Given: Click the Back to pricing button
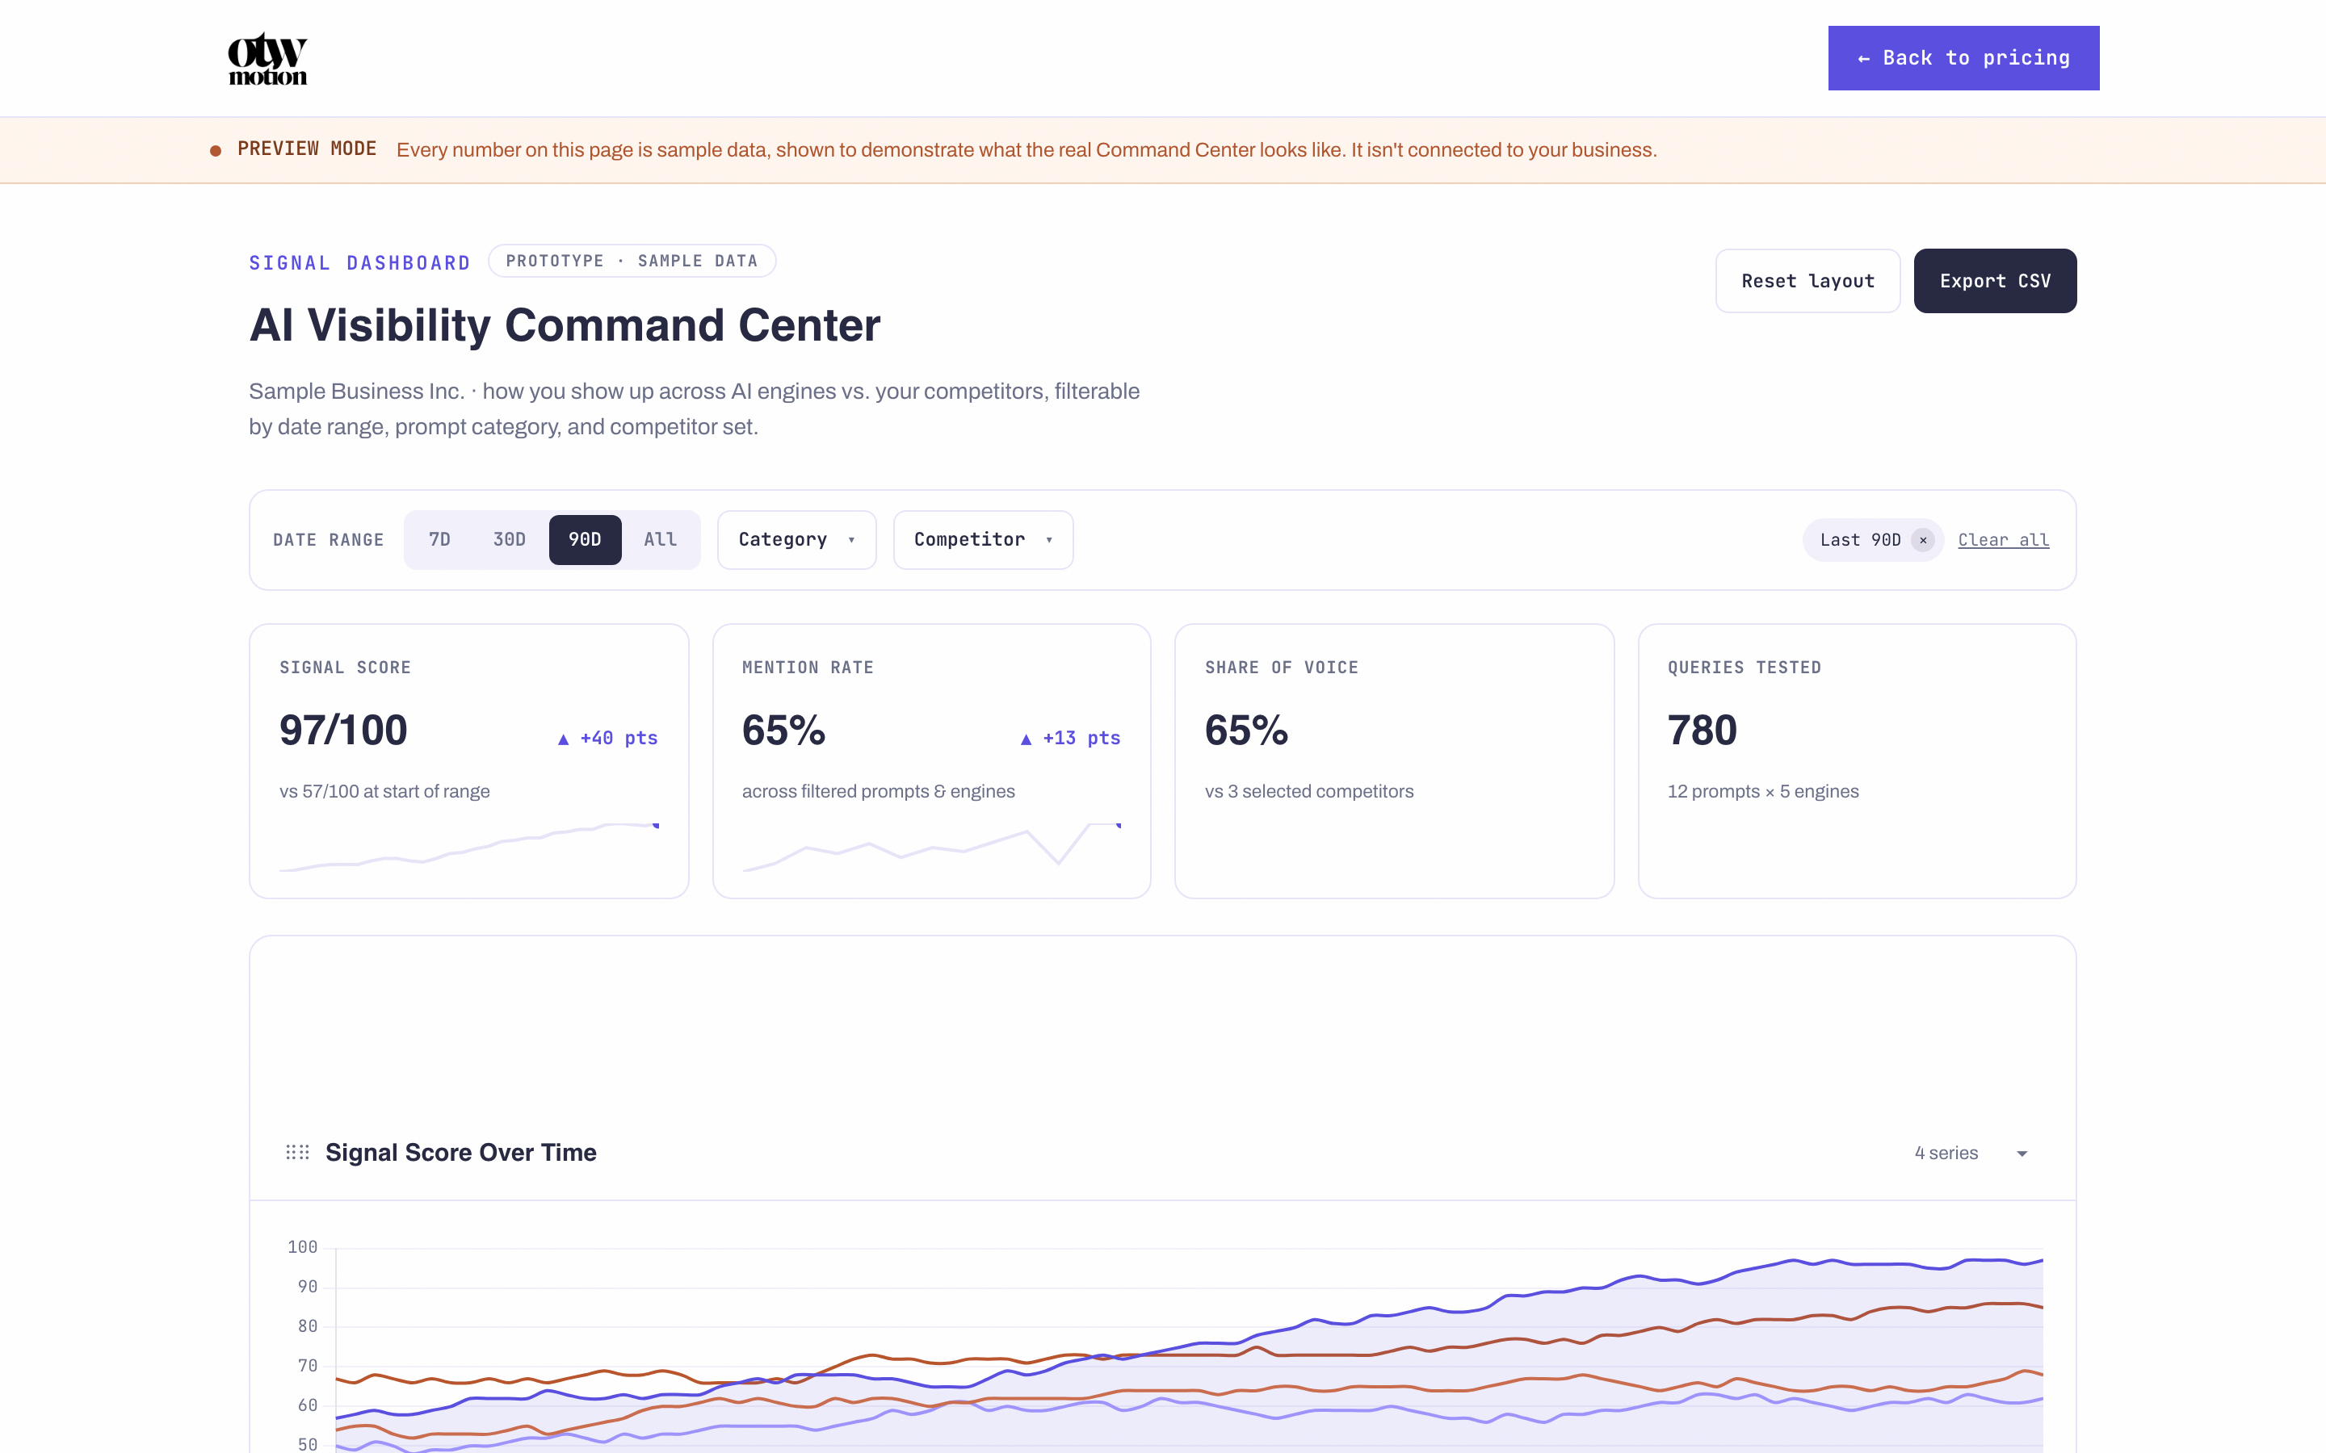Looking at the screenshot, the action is click(x=1963, y=57).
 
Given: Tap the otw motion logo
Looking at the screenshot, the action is click(x=267, y=59).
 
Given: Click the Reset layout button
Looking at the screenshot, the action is click(x=1807, y=281).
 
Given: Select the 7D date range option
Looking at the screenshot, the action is click(x=439, y=539).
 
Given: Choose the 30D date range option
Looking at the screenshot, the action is click(x=510, y=539).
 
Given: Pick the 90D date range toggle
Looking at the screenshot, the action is click(x=585, y=539).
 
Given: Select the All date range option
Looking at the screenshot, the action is click(x=661, y=539).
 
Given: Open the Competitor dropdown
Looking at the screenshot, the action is click(x=983, y=539).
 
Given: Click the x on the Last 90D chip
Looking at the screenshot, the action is click(x=1922, y=540).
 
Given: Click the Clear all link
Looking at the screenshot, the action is click(x=2003, y=540).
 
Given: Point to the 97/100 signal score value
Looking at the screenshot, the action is click(x=343, y=731).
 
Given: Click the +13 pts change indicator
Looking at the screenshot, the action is click(x=1070, y=738).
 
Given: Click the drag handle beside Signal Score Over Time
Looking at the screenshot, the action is click(x=297, y=1152).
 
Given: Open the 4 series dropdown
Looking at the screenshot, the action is click(x=1971, y=1154).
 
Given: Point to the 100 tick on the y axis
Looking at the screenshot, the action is click(x=302, y=1247).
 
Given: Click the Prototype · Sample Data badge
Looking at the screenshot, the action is click(x=632, y=261).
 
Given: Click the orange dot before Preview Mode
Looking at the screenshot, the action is click(x=216, y=151).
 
